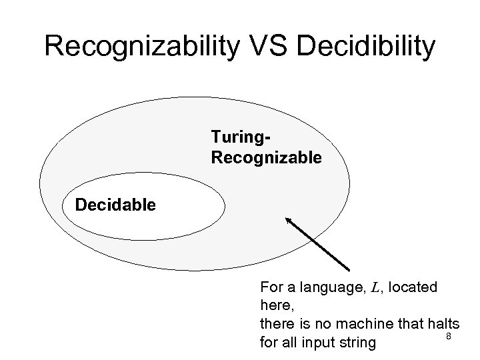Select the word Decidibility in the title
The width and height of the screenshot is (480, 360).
[369, 46]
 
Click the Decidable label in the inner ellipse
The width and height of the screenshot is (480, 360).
[115, 204]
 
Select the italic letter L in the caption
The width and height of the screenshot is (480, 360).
[375, 288]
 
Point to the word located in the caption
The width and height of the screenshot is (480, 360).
[413, 288]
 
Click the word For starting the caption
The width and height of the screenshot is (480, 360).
[271, 288]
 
